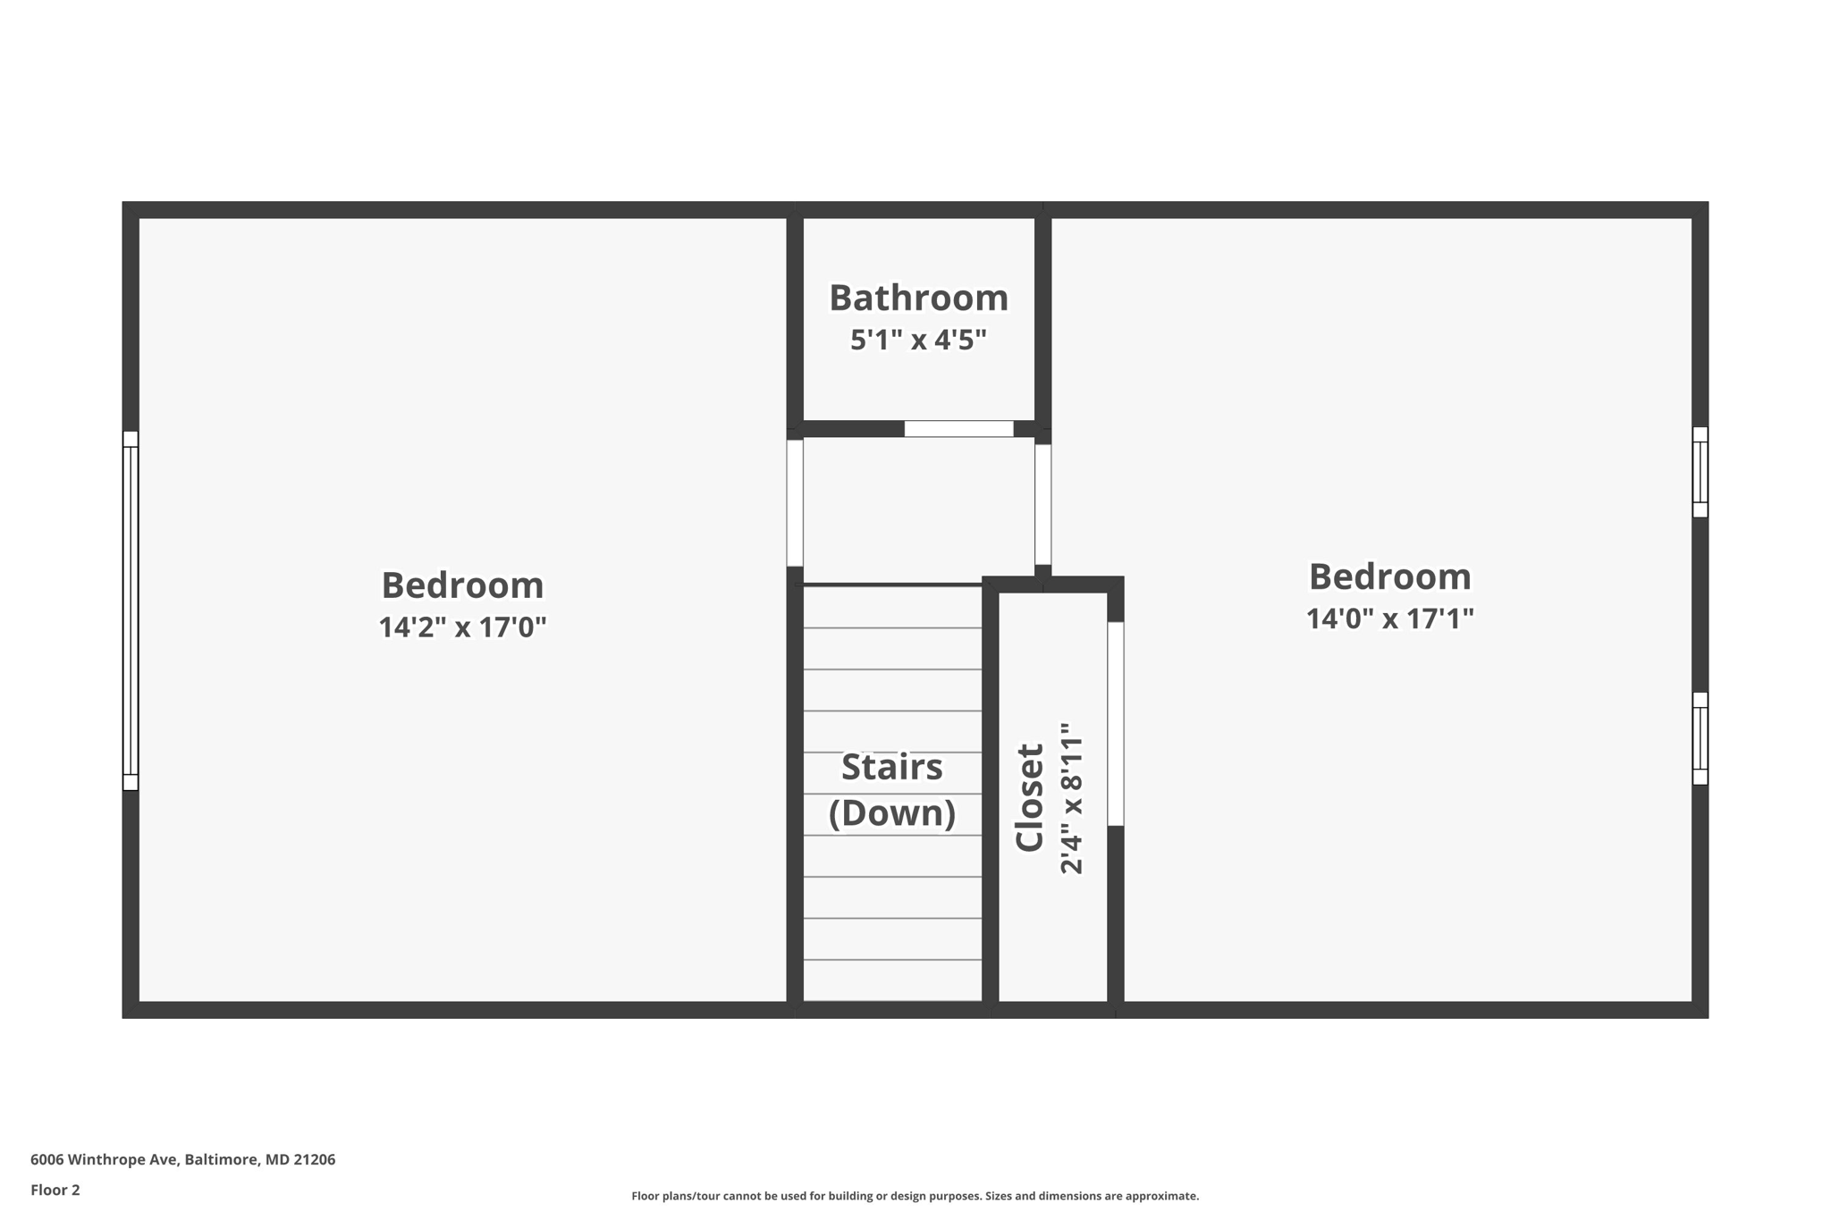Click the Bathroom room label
918,299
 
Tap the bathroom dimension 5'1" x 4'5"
918,341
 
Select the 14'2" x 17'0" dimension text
462,627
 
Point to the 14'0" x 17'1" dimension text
1389,618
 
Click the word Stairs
891,768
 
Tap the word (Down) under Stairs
891,813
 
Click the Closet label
1030,797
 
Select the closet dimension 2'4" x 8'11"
1071,797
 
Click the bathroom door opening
958,429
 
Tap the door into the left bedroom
795,503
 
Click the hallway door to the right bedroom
1042,504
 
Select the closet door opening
1115,724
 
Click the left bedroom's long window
131,610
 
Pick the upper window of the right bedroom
1700,472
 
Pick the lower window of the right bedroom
1700,738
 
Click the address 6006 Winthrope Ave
182,1159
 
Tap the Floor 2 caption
55,1190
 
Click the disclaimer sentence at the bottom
915,1196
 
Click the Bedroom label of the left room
462,586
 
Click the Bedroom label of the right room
1389,577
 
